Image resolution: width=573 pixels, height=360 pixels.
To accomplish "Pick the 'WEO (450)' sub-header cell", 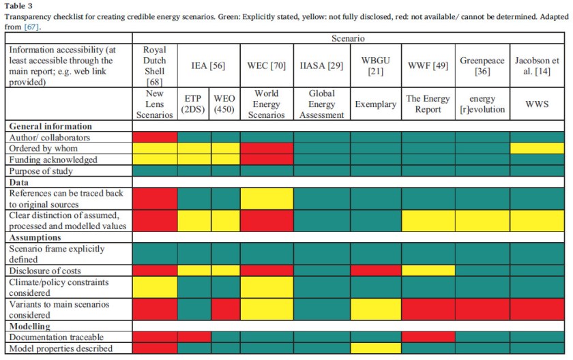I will pyautogui.click(x=224, y=104).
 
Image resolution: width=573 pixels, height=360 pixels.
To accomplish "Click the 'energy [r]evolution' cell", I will pyautogui.click(x=482, y=104).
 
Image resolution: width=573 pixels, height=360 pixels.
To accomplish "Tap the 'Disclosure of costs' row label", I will pyautogui.click(x=44, y=271).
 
